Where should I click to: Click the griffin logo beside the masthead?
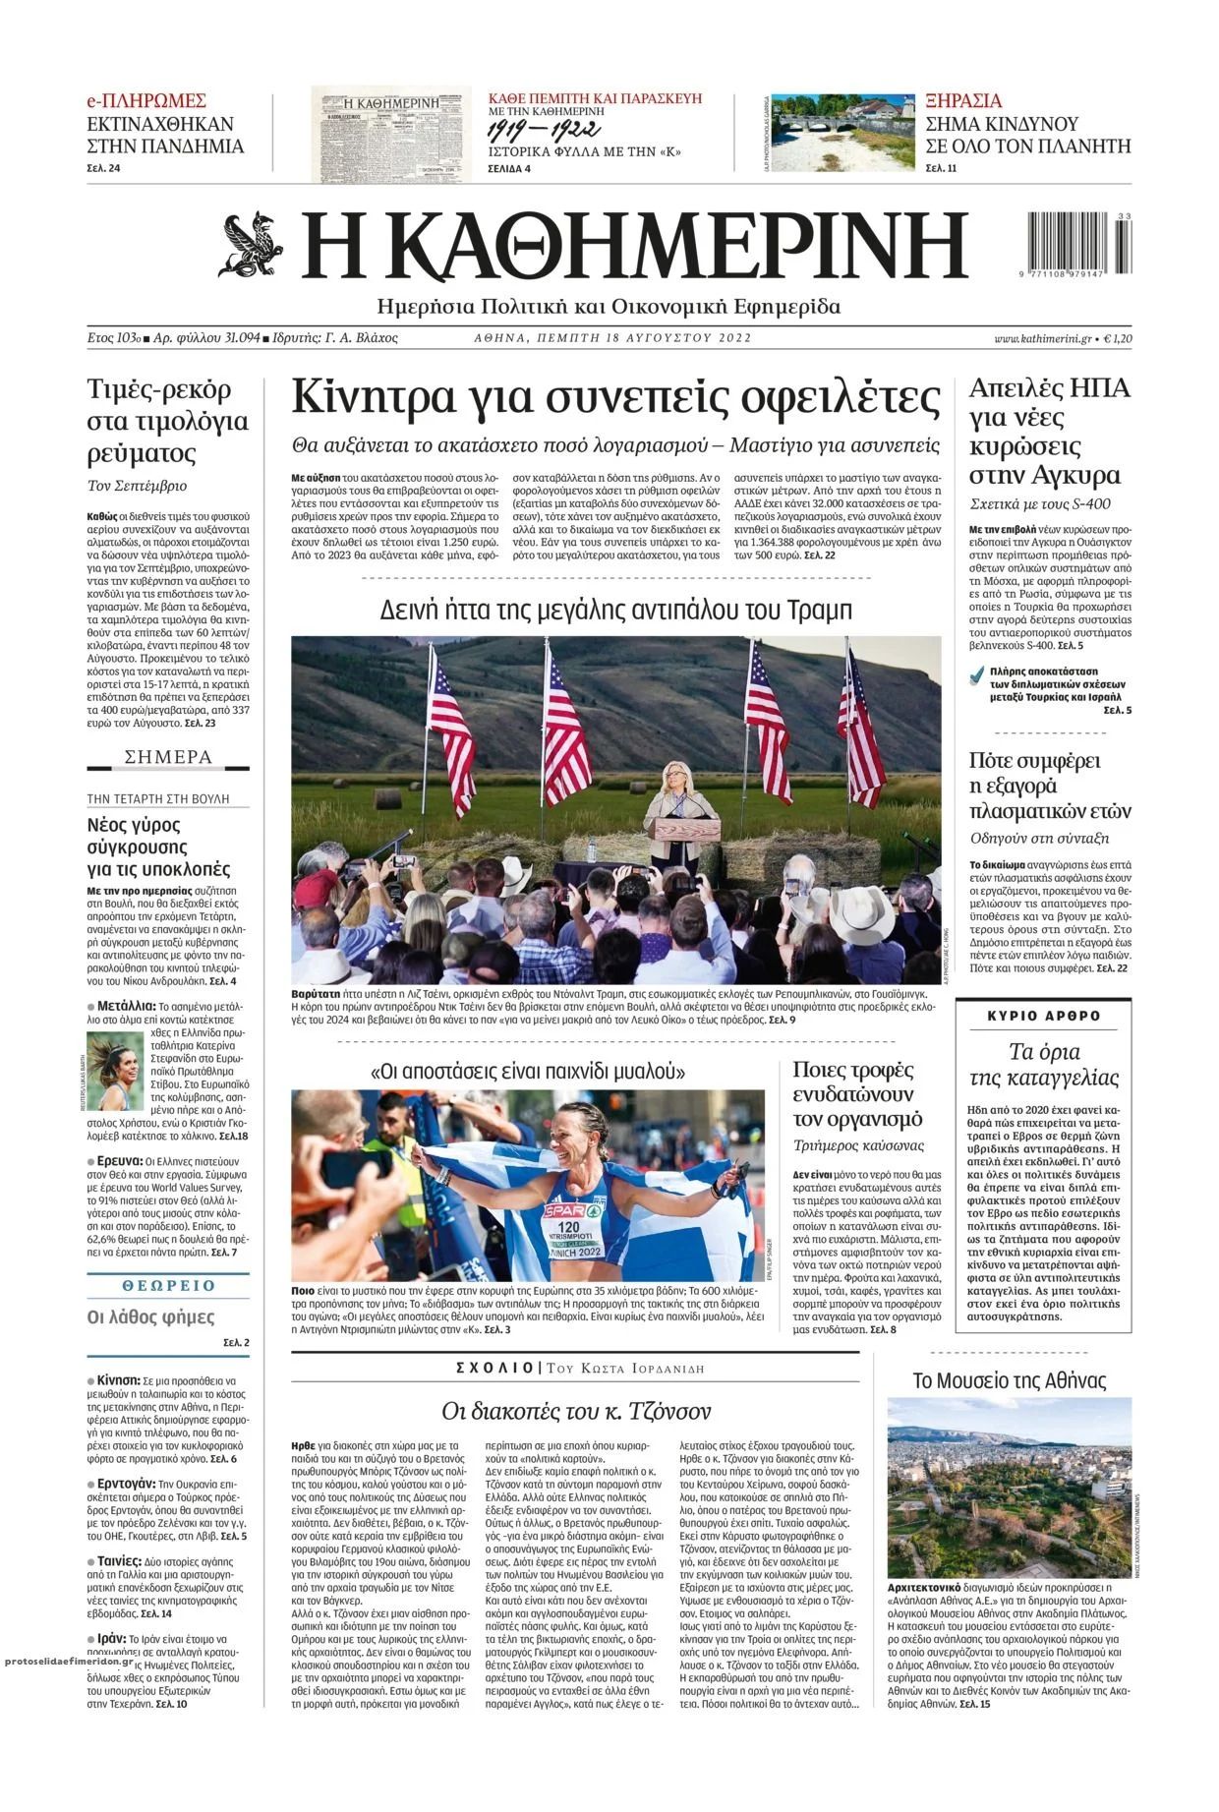[x=251, y=246]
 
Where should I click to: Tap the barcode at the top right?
[x=1077, y=246]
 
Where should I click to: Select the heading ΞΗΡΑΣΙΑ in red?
[x=963, y=100]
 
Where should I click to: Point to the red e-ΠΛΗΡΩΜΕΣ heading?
[x=146, y=100]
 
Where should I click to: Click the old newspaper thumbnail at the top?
[x=391, y=135]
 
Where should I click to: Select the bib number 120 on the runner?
[x=568, y=1228]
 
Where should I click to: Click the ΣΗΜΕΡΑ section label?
[x=168, y=757]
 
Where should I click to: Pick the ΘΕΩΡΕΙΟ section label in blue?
[x=168, y=1285]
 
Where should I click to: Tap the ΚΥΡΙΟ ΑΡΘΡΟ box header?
[x=1044, y=1016]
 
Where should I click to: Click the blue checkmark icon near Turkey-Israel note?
[x=975, y=674]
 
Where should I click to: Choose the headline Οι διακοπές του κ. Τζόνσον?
[x=575, y=1412]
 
